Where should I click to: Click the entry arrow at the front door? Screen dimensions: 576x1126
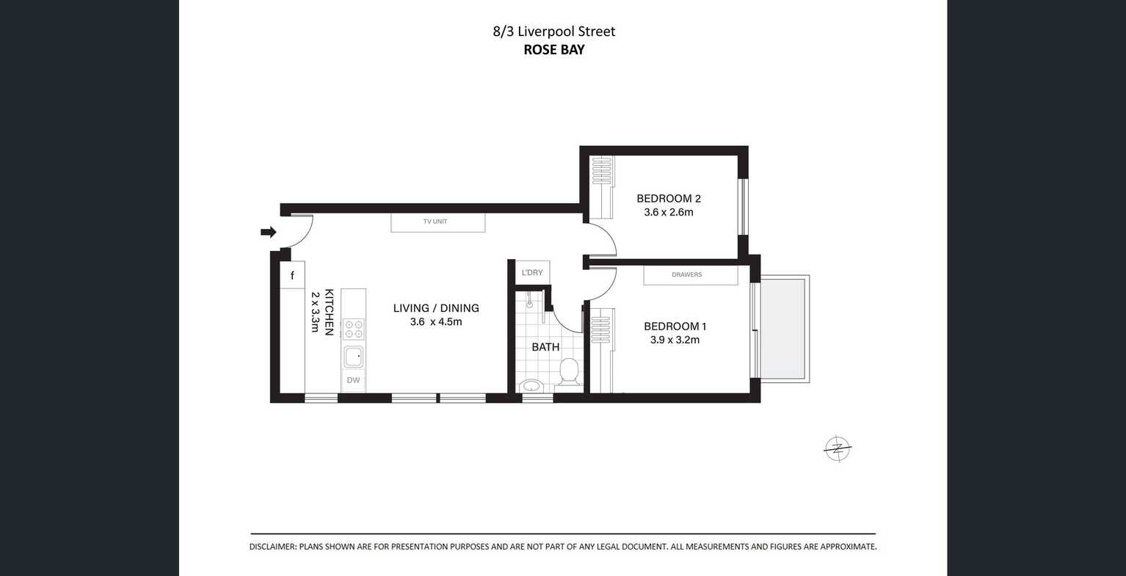268,233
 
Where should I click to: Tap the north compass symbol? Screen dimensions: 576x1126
837,448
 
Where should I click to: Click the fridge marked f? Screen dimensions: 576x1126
292,276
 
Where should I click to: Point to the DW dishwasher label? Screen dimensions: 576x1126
353,380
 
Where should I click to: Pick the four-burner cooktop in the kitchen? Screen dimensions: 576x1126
353,329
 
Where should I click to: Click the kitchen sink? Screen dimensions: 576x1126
353,357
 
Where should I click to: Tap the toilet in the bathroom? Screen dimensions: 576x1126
569,372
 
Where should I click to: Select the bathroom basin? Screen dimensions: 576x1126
530,386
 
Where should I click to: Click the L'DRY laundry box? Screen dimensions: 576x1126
532,272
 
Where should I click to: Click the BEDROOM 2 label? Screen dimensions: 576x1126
668,198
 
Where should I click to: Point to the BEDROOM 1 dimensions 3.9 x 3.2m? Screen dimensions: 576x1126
674,340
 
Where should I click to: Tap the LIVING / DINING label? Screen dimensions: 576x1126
436,308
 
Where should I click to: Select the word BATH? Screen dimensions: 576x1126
545,347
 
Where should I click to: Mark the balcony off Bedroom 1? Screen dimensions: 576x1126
785,329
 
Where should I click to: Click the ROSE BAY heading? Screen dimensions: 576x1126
553,50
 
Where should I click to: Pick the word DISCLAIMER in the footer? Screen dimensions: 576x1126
272,547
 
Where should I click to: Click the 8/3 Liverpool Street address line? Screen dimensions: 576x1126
553,32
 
